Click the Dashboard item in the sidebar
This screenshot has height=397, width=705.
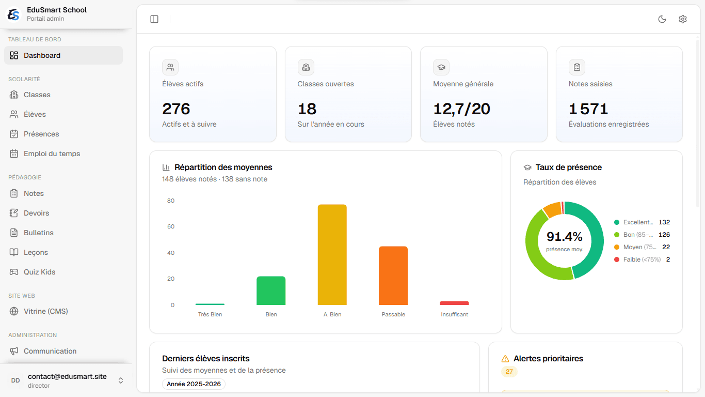pyautogui.click(x=63, y=55)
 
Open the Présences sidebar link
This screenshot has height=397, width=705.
pyautogui.click(x=41, y=134)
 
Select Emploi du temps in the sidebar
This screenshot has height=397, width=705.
pyautogui.click(x=52, y=154)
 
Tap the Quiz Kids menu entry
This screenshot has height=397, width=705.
pyautogui.click(x=39, y=272)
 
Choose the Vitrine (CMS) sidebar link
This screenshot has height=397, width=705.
pyautogui.click(x=45, y=311)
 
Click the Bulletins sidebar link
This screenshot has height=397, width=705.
pyautogui.click(x=38, y=233)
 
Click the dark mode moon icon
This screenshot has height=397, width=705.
pyautogui.click(x=662, y=19)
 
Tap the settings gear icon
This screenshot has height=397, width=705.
pyautogui.click(x=683, y=19)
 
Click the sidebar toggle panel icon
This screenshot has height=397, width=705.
pyautogui.click(x=154, y=19)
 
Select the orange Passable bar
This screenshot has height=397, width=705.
pyautogui.click(x=393, y=276)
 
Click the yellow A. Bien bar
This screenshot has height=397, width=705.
pyautogui.click(x=332, y=255)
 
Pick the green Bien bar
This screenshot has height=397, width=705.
pyautogui.click(x=271, y=291)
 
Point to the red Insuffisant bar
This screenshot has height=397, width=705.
pyautogui.click(x=454, y=303)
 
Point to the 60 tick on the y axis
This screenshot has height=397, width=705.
pyautogui.click(x=171, y=226)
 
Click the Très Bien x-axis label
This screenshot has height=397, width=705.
pyautogui.click(x=210, y=314)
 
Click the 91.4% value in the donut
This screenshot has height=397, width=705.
pyautogui.click(x=564, y=237)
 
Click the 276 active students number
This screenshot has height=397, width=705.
pyautogui.click(x=176, y=109)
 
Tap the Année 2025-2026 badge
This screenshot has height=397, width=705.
pyautogui.click(x=194, y=384)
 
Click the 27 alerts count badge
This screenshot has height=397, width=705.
pyautogui.click(x=509, y=372)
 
